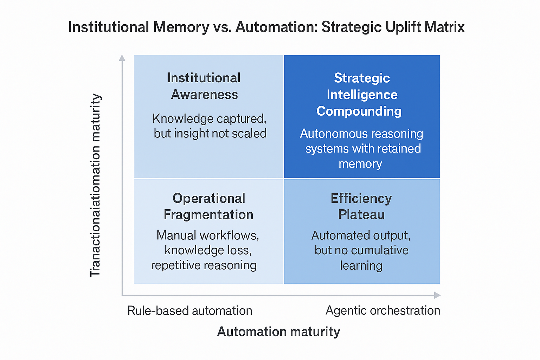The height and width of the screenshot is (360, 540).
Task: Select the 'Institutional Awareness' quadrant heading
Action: pyautogui.click(x=204, y=86)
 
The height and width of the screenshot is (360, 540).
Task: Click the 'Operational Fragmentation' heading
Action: pyautogui.click(x=208, y=206)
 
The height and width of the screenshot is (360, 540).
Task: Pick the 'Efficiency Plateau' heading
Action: pyautogui.click(x=361, y=206)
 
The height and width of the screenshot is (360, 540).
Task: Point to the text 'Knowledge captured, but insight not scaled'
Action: pyautogui.click(x=210, y=126)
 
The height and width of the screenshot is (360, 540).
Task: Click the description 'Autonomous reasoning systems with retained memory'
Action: pyautogui.click(x=361, y=148)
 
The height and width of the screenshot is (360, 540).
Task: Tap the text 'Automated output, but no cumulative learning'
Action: pyautogui.click(x=361, y=250)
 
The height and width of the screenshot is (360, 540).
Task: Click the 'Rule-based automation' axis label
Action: pyautogui.click(x=190, y=311)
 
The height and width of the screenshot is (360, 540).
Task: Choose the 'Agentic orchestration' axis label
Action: pyautogui.click(x=383, y=310)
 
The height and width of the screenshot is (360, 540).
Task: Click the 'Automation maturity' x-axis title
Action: pyautogui.click(x=278, y=332)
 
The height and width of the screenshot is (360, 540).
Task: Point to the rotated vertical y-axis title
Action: pyautogui.click(x=95, y=185)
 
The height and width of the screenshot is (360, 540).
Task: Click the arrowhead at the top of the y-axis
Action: pyautogui.click(x=122, y=58)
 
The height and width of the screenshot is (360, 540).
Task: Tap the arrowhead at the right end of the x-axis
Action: pyautogui.click(x=437, y=295)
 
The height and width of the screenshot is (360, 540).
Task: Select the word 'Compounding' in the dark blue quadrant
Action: pyautogui.click(x=359, y=111)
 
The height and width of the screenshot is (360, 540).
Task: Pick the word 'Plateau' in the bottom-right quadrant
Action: pyautogui.click(x=361, y=214)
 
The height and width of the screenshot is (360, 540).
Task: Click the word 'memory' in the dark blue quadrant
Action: pyautogui.click(x=360, y=164)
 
